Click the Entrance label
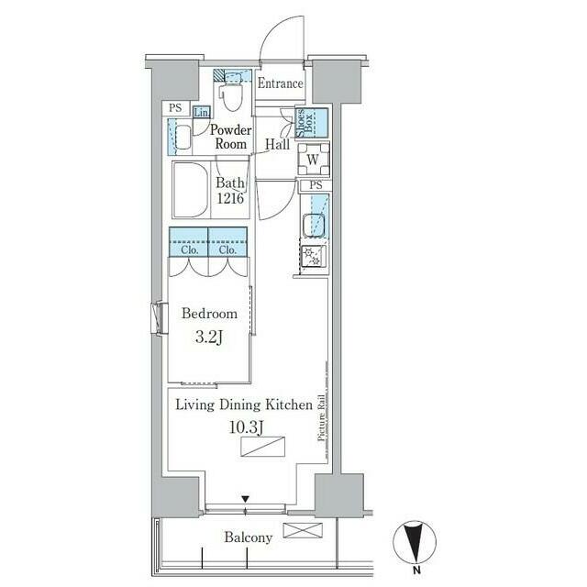point(280,83)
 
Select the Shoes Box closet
point(312,124)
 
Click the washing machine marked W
point(314,160)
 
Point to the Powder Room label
point(230,137)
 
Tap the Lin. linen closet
point(202,112)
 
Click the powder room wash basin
point(183,138)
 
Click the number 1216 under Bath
point(230,198)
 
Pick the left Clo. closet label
point(190,249)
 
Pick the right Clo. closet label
point(227,249)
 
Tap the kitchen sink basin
point(313,225)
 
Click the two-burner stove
point(314,257)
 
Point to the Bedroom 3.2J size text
point(209,338)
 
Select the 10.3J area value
point(247,427)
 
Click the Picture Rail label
point(321,417)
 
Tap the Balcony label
point(249,537)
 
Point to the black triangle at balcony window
point(245,499)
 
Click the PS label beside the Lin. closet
point(175,108)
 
